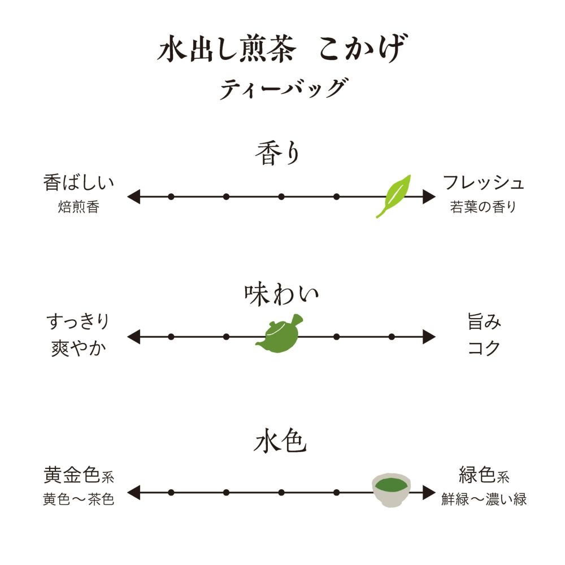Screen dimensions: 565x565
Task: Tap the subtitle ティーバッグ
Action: pyautogui.click(x=282, y=89)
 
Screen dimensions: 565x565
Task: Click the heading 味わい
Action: pyautogui.click(x=281, y=295)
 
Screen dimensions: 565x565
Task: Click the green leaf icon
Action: pyautogui.click(x=394, y=195)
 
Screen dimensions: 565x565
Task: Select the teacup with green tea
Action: pyautogui.click(x=391, y=490)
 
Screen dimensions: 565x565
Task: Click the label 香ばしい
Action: pyautogui.click(x=79, y=183)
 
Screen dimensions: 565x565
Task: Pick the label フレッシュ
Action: pyautogui.click(x=484, y=183)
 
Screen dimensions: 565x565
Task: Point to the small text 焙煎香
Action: pyautogui.click(x=79, y=207)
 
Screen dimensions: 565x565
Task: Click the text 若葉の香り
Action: pyautogui.click(x=484, y=207)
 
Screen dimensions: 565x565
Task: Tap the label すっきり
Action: pyautogui.click(x=78, y=323)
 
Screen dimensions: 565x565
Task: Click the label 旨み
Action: pyautogui.click(x=484, y=323)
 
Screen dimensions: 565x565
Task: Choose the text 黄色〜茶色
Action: pyautogui.click(x=79, y=500)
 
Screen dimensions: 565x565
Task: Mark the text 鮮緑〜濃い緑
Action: pyautogui.click(x=484, y=500)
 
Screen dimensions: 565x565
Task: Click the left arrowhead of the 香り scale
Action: pyautogui.click(x=133, y=197)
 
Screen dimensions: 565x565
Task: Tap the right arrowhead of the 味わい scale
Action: pyautogui.click(x=429, y=337)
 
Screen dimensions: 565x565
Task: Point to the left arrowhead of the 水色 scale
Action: pyautogui.click(x=133, y=492)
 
